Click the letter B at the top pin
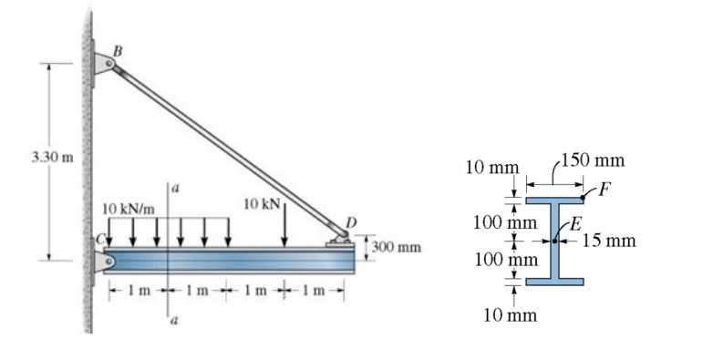click(116, 47)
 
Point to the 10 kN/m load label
click(128, 209)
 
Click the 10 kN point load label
click(263, 201)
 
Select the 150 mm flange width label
click(593, 161)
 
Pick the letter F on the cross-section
click(604, 187)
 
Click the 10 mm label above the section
click(491, 167)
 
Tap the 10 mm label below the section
click(510, 315)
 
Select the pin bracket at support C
click(101, 261)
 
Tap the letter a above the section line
click(175, 188)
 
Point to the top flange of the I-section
click(553, 200)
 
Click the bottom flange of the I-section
click(553, 282)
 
